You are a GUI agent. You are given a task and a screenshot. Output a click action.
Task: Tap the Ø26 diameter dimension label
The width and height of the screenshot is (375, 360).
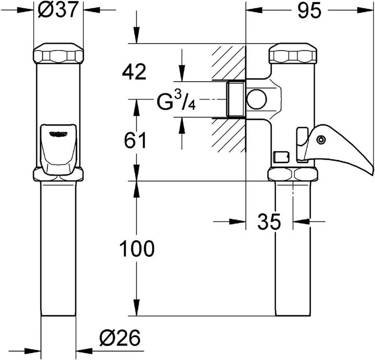(x=120, y=340)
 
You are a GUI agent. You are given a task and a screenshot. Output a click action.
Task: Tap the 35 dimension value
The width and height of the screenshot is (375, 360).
(x=269, y=222)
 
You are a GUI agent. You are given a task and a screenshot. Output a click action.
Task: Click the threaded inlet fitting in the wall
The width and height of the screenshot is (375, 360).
(x=236, y=99)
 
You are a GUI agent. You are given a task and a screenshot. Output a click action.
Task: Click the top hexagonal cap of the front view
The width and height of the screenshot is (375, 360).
(x=58, y=55)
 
